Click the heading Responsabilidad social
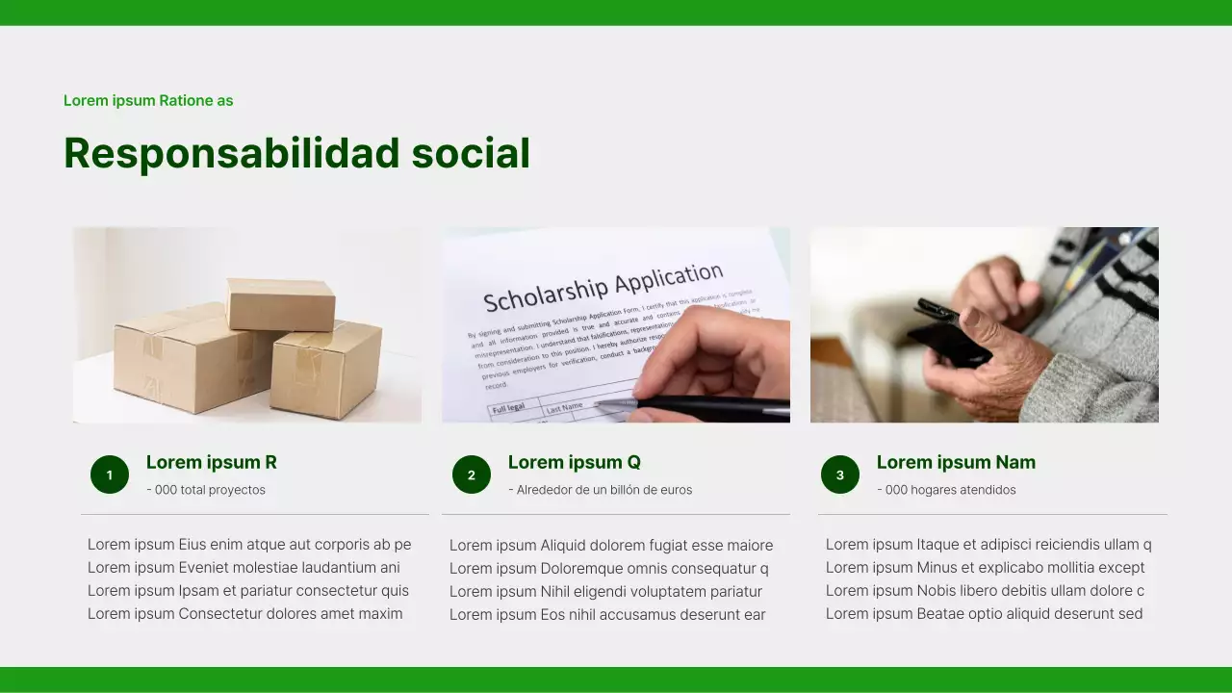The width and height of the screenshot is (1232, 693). click(x=296, y=153)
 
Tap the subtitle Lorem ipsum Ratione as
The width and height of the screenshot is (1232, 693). click(x=148, y=101)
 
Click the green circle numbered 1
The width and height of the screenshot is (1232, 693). click(x=110, y=475)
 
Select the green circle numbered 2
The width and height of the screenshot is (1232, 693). click(x=472, y=475)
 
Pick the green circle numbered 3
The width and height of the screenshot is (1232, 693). click(x=840, y=475)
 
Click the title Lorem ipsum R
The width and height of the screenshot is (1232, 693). click(x=212, y=462)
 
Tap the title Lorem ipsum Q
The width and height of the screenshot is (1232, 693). click(x=575, y=462)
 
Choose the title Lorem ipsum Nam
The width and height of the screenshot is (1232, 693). click(x=956, y=462)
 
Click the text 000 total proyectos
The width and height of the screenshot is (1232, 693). click(x=206, y=490)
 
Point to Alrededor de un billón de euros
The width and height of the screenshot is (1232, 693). click(x=600, y=490)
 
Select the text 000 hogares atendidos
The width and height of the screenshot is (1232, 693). click(x=946, y=490)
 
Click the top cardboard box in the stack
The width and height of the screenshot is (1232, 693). click(x=281, y=304)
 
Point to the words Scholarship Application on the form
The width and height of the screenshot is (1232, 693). click(x=603, y=287)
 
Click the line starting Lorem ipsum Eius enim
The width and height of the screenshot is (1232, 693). click(x=249, y=545)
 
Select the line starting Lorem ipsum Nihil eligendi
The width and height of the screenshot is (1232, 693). click(x=605, y=592)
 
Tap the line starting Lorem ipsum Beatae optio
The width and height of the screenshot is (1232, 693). click(x=984, y=614)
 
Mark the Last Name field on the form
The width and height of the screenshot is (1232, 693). click(x=565, y=408)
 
